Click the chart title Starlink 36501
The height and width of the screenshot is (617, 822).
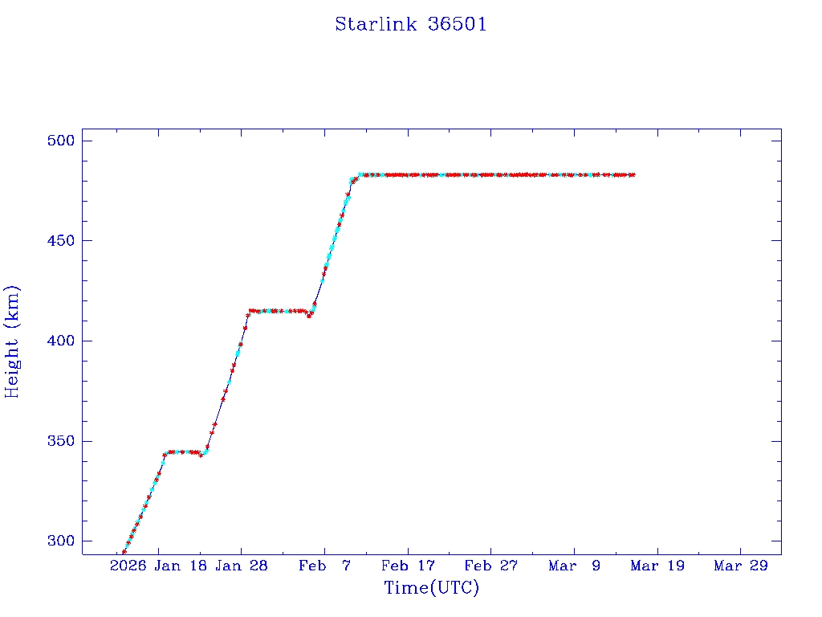click(x=410, y=24)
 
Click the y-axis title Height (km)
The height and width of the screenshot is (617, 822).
click(x=12, y=341)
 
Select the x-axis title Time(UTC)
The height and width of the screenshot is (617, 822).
click(x=431, y=588)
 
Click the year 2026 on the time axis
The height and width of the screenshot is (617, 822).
click(x=128, y=566)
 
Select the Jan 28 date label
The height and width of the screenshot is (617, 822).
click(x=242, y=566)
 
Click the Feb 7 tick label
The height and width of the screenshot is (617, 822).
click(x=325, y=566)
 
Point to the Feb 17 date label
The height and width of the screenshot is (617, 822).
click(x=409, y=566)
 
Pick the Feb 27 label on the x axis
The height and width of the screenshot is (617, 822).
click(x=491, y=566)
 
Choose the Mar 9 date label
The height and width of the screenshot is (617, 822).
click(x=575, y=566)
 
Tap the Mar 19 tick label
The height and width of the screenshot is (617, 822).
click(x=657, y=566)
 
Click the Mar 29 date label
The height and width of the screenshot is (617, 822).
click(x=740, y=566)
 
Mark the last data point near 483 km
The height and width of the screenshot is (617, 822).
click(x=633, y=174)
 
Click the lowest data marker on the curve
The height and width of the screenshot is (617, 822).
click(x=124, y=552)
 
